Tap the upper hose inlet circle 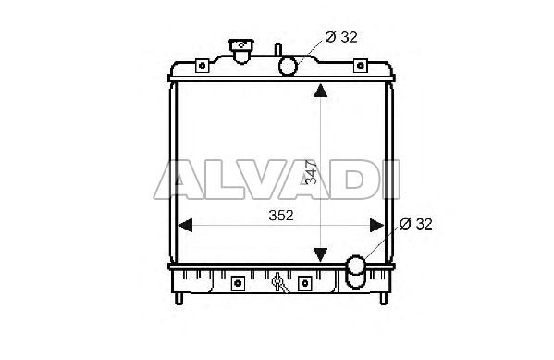click(288, 66)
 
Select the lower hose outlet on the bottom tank click(356, 271)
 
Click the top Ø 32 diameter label click(341, 37)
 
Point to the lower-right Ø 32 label click(416, 224)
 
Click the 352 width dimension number click(281, 216)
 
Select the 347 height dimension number click(311, 172)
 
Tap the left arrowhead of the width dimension click(185, 225)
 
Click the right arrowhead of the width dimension click(377, 225)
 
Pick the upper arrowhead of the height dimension click(320, 90)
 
